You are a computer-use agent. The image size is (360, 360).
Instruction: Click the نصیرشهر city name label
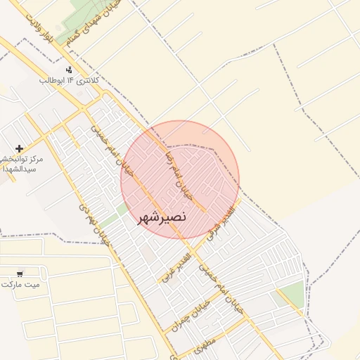160,217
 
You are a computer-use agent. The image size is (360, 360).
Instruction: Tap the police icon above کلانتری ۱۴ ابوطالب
69,70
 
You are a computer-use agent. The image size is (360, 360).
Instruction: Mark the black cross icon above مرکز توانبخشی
19,148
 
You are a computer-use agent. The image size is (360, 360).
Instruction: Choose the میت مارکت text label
20,285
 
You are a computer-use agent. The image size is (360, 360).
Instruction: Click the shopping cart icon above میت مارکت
20,273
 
